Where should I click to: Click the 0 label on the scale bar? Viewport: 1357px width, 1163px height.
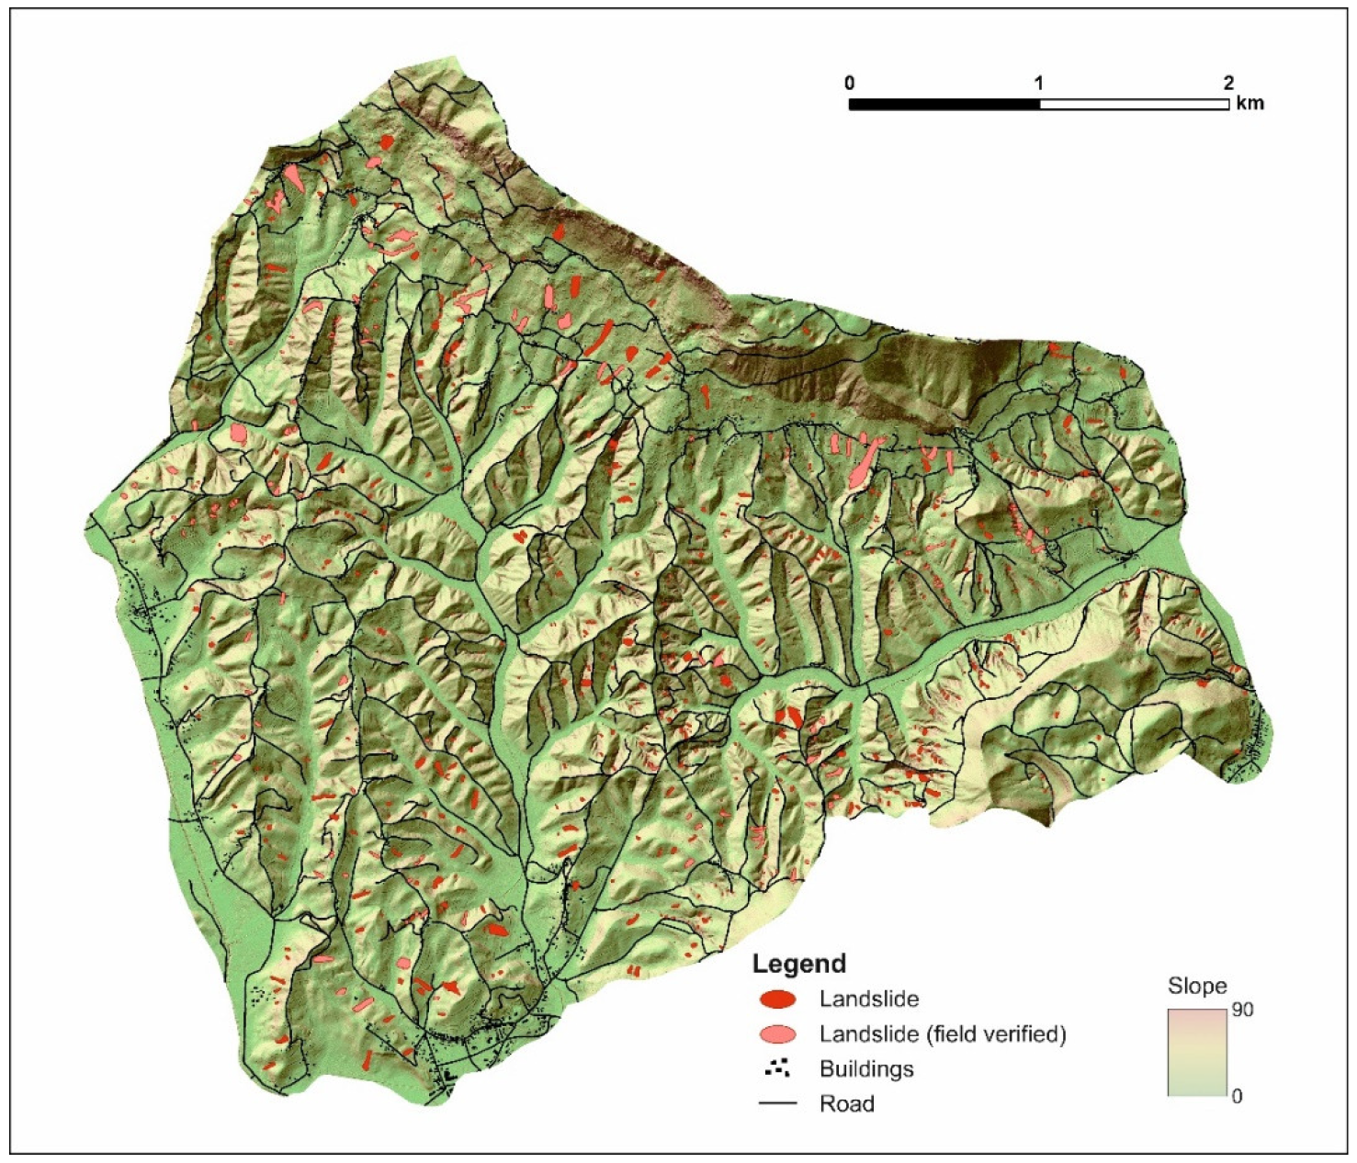[849, 84]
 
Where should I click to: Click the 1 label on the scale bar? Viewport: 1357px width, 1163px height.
[1039, 84]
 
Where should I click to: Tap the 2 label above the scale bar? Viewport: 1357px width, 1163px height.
[1228, 84]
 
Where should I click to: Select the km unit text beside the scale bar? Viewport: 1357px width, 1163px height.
[1250, 103]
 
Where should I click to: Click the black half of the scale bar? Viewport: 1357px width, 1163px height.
[944, 105]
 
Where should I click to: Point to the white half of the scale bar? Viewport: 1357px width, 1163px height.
[1135, 105]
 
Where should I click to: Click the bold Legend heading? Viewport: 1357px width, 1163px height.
[798, 964]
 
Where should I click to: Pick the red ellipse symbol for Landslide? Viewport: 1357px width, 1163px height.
[777, 999]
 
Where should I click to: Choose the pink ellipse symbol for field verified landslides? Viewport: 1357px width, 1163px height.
[777, 1034]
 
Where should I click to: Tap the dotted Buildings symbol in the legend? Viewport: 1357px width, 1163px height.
[777, 1068]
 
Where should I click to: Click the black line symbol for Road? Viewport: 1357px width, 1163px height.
[777, 1103]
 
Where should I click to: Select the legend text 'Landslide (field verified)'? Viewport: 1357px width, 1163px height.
[943, 1034]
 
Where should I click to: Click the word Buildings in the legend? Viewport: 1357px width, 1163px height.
[866, 1069]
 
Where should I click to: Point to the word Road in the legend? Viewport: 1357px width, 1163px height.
[846, 1104]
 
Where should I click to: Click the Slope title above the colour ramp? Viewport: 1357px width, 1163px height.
[1196, 987]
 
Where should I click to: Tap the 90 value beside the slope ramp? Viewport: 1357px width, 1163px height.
[1242, 1011]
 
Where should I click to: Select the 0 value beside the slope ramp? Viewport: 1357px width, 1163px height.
[1237, 1096]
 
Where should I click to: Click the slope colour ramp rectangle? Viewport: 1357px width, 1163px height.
[1198, 1053]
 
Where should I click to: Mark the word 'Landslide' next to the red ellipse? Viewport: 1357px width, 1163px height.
[869, 999]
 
